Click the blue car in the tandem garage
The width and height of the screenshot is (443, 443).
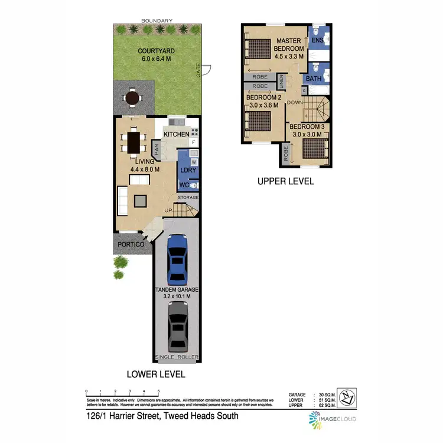click(x=177, y=259)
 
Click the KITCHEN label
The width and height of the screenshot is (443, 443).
click(x=177, y=135)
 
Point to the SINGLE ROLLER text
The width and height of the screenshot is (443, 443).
click(x=177, y=357)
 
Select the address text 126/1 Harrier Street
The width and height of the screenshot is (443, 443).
click(x=162, y=416)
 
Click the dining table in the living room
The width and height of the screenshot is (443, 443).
click(x=133, y=142)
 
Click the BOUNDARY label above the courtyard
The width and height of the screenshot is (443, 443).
click(x=157, y=20)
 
